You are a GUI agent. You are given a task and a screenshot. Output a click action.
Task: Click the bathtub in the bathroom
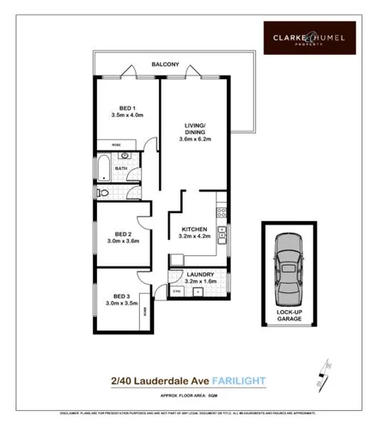(103, 167)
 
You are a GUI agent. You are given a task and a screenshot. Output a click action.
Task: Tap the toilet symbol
(104, 193)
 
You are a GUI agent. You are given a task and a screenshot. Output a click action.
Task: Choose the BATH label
(122, 169)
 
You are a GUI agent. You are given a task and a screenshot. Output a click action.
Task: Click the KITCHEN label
(193, 229)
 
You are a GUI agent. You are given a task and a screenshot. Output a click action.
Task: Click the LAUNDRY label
(199, 275)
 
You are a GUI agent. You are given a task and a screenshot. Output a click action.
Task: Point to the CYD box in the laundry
(177, 291)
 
